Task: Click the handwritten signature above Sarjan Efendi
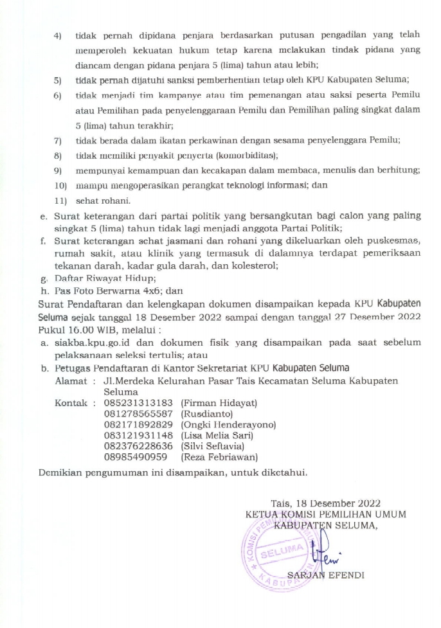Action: coord(316,551)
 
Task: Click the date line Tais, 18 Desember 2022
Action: coord(327,503)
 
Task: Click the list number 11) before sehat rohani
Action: coord(61,201)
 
